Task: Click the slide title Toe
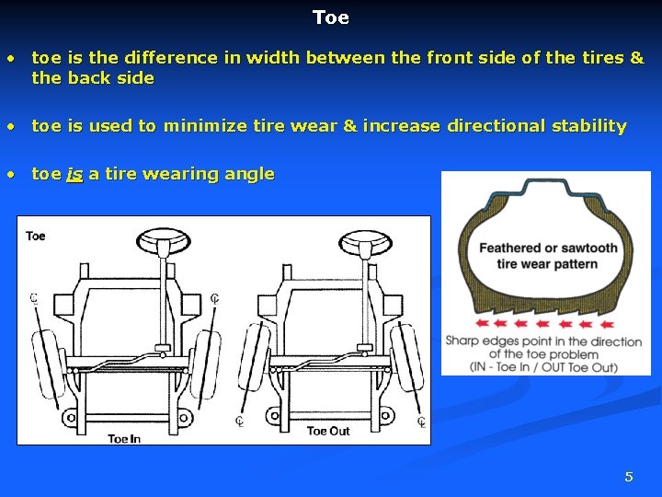coord(330,17)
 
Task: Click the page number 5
coord(629,476)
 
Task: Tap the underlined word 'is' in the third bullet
coord(74,174)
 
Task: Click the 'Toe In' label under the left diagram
coord(124,438)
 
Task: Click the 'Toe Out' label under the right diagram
coord(328,431)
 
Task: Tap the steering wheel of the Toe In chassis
coord(162,242)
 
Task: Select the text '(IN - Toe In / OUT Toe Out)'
coord(544,367)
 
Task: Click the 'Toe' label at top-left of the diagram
coord(36,236)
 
